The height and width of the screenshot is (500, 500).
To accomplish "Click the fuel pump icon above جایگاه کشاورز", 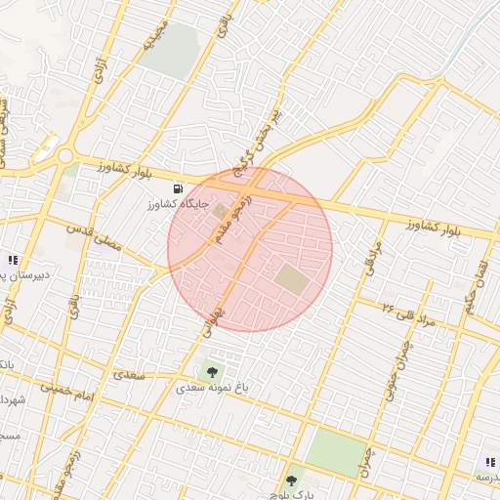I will point(178,188).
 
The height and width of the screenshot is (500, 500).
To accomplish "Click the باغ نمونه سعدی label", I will point(213,388).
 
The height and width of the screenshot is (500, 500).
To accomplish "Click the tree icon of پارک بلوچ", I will point(291,480).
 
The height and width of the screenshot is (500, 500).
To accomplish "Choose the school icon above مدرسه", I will point(490,462).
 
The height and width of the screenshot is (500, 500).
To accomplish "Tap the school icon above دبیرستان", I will point(13,260).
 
